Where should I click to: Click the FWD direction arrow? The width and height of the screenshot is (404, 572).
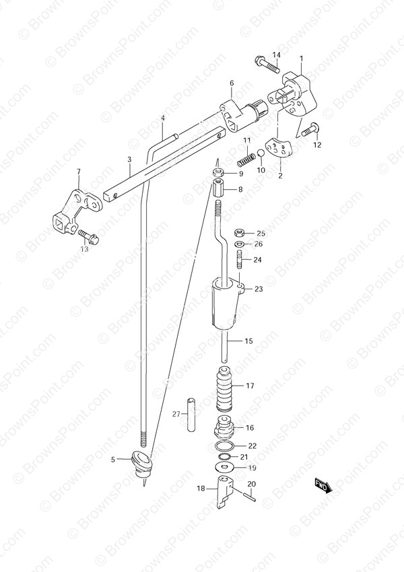click(323, 487)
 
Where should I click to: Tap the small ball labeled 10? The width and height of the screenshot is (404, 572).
click(261, 153)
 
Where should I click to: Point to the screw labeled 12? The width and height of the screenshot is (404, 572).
click(310, 130)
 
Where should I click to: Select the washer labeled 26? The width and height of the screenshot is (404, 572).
click(239, 244)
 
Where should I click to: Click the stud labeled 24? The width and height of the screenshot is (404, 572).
click(240, 260)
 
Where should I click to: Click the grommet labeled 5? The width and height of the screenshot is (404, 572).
click(140, 462)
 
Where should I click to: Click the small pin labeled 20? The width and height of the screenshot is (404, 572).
click(250, 495)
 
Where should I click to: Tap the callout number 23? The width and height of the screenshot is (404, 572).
click(259, 289)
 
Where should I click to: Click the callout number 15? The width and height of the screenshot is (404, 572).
click(248, 341)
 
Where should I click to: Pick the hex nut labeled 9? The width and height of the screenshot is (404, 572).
click(218, 172)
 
